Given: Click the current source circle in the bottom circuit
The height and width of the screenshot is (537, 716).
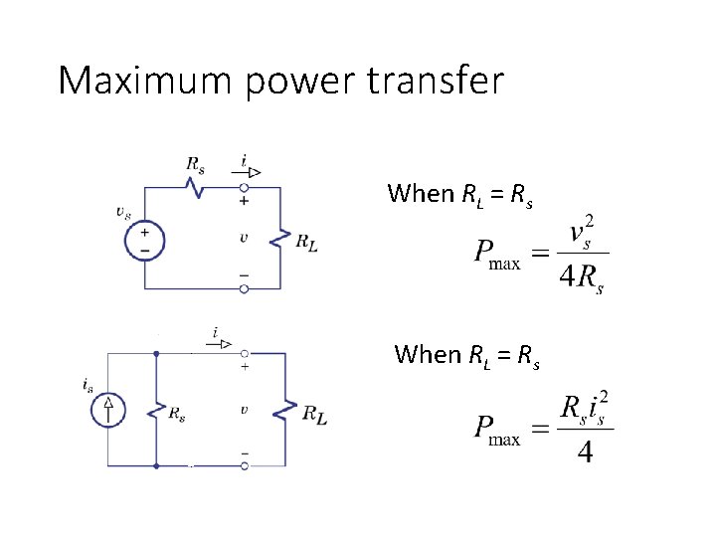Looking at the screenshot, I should click(108, 409).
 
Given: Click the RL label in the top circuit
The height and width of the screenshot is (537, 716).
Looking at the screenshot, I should click(307, 242).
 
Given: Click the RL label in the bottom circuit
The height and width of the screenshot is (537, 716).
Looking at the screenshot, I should click(314, 413).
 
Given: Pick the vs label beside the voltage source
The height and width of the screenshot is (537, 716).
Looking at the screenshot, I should click(123, 211).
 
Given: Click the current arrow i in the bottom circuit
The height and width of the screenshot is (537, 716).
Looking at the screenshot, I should click(222, 343).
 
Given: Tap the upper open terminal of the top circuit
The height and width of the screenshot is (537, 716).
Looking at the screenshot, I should click(245, 186).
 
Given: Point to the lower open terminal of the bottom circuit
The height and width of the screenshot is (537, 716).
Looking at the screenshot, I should click(245, 465).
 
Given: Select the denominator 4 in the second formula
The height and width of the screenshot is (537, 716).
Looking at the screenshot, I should click(586, 453).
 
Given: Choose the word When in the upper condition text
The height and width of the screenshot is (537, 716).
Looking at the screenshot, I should click(421, 193).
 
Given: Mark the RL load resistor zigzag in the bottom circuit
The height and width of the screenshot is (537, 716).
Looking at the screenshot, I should click(285, 410).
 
